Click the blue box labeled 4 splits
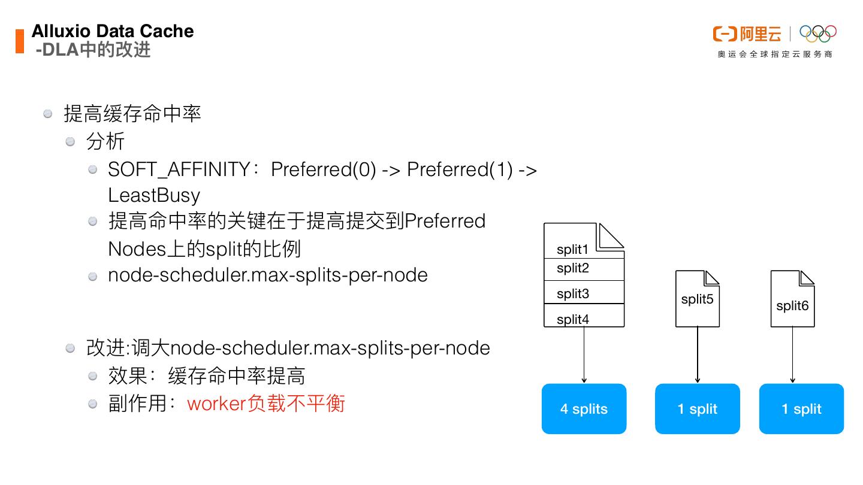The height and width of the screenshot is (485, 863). (x=584, y=409)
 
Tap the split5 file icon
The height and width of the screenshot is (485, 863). (x=697, y=299)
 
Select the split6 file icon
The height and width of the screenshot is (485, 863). (x=792, y=299)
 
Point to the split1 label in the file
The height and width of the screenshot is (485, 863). (x=572, y=250)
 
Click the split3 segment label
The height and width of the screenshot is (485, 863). (x=572, y=293)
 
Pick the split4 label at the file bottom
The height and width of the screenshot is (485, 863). (x=572, y=319)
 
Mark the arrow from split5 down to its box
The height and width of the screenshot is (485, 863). (x=698, y=354)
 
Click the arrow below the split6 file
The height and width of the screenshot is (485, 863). (x=792, y=354)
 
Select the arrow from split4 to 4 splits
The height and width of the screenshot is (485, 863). (x=584, y=354)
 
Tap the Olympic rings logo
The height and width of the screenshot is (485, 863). (x=818, y=34)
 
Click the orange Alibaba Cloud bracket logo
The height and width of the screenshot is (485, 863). (x=725, y=34)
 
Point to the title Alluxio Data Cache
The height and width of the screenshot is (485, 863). (x=113, y=31)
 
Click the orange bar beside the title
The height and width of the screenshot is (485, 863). (x=20, y=41)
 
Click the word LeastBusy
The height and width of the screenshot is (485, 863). (x=154, y=196)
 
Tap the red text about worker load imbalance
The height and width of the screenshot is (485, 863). (x=266, y=404)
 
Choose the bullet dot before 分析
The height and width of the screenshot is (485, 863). (x=71, y=142)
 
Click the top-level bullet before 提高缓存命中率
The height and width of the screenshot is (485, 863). (x=49, y=114)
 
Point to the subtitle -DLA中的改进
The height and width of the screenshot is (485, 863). (x=93, y=50)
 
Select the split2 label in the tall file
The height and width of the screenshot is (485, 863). (x=572, y=268)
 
